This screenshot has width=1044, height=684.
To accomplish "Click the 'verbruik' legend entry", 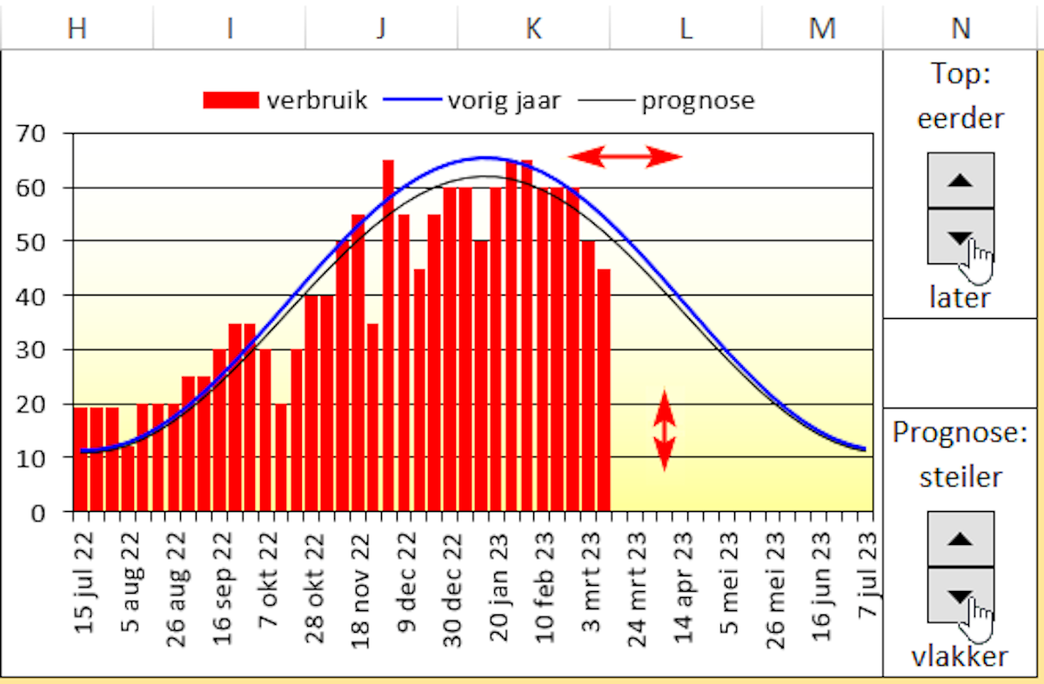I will click(x=286, y=101).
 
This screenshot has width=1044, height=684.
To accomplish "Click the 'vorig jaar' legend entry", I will click(x=474, y=101).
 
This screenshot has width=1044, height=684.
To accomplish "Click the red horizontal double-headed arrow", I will click(x=625, y=156).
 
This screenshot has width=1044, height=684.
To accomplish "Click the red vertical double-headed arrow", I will click(x=665, y=431).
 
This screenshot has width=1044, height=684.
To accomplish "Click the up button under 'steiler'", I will click(x=960, y=538).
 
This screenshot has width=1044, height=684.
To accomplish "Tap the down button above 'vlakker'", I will click(x=960, y=595).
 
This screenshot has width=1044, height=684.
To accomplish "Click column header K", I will click(x=533, y=29).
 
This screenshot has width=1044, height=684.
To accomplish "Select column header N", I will click(x=960, y=29).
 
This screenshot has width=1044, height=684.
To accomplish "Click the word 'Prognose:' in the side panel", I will click(x=960, y=433).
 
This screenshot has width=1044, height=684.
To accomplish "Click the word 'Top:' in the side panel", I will click(x=960, y=75).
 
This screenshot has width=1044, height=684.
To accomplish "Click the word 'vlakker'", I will click(x=960, y=656).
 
